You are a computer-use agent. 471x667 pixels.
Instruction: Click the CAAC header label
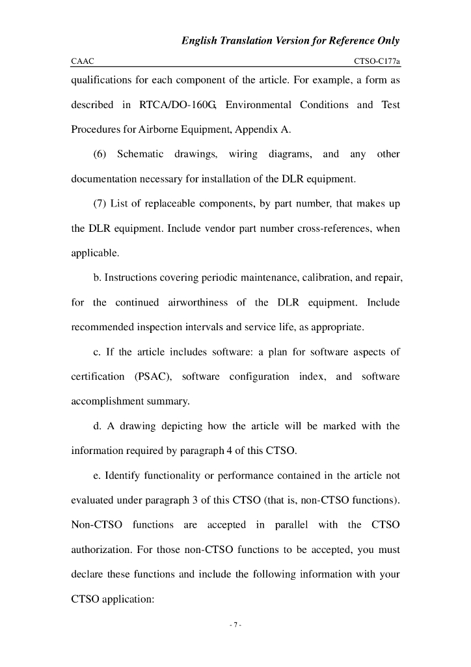tap(83, 61)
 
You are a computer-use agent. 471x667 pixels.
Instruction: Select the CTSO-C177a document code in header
tap(377, 61)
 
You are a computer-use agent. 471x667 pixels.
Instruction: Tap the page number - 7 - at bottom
tap(235, 625)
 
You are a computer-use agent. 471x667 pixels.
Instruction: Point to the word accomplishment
tap(107, 402)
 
